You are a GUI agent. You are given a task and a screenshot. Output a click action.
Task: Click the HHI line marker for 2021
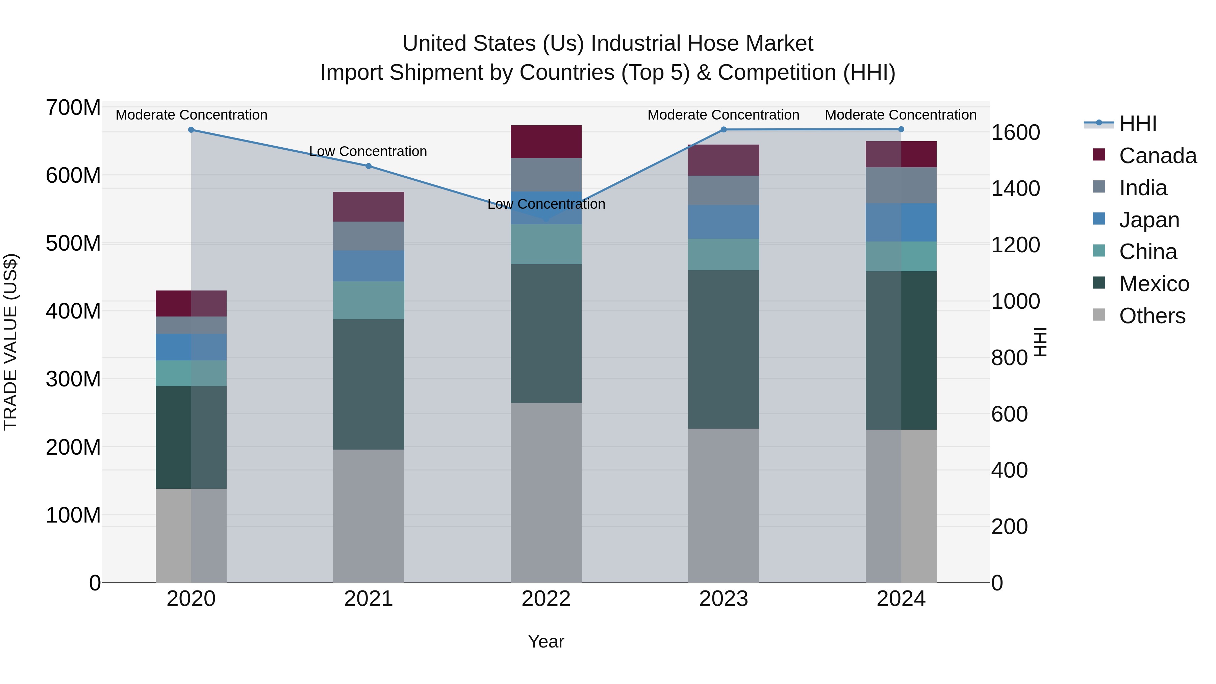(x=369, y=166)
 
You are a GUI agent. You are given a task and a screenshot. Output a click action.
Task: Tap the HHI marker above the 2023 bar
(x=724, y=129)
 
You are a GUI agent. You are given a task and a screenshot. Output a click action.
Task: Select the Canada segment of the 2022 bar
(x=546, y=142)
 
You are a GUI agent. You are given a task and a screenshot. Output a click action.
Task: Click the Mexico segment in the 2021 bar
(x=369, y=384)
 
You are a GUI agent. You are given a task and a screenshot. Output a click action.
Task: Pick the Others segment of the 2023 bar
(x=724, y=505)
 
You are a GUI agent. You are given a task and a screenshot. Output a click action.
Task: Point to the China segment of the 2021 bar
(x=369, y=300)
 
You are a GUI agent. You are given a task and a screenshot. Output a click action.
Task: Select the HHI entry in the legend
(x=1137, y=124)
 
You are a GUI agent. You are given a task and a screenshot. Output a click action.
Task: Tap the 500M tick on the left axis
(x=73, y=244)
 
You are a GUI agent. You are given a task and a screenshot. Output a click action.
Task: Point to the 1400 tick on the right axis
(x=1015, y=189)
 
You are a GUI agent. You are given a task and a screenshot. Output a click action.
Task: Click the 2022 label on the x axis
(x=546, y=599)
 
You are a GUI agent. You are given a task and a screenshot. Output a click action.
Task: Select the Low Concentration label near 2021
(x=368, y=152)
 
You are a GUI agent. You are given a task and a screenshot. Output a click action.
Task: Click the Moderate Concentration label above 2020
(x=192, y=115)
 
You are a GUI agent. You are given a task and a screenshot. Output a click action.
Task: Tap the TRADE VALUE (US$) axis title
(x=10, y=342)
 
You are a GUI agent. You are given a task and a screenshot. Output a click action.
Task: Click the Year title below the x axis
(x=546, y=641)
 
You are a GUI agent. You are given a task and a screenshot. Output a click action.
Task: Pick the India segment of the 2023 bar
(x=724, y=190)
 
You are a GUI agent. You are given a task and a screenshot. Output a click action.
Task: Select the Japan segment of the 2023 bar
(x=724, y=222)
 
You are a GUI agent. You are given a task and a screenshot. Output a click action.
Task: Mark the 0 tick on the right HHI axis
(x=997, y=583)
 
